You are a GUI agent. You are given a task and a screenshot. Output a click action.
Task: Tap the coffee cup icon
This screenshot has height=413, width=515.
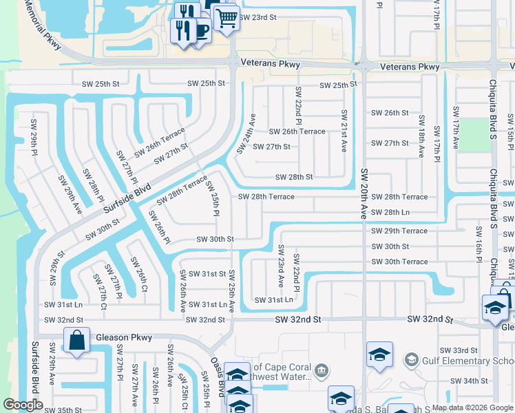[x=201, y=31]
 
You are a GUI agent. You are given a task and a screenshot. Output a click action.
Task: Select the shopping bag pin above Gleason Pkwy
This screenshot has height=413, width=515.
[x=76, y=339]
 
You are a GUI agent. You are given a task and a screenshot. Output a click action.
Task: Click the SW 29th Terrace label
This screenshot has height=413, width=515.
[x=399, y=231]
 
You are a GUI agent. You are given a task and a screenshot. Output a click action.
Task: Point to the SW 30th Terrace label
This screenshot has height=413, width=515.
[x=399, y=262]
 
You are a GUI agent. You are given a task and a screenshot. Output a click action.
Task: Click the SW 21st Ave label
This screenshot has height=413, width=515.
[x=343, y=131]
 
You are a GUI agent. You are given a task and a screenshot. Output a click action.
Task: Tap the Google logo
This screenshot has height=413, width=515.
[x=23, y=405]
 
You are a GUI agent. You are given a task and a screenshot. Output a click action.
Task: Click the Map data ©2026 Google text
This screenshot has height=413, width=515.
[x=472, y=407]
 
